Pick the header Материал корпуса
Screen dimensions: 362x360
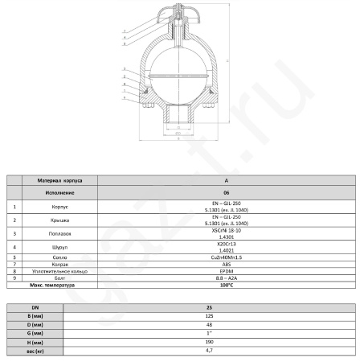point(59,181)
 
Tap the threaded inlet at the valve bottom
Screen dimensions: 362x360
point(175,121)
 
